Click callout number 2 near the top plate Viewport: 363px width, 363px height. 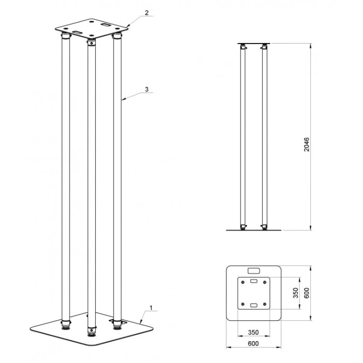pyautogui.click(x=147, y=13)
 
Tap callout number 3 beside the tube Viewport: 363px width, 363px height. pyautogui.click(x=147, y=89)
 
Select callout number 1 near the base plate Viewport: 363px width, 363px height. pyautogui.click(x=151, y=308)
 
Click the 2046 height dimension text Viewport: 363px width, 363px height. pyautogui.click(x=306, y=144)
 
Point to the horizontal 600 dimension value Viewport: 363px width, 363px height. pyautogui.click(x=253, y=343)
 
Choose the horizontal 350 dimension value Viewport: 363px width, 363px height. pyautogui.click(x=253, y=332)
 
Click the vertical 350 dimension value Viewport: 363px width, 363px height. pyautogui.click(x=295, y=293)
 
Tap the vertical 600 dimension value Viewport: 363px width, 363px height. pyautogui.click(x=306, y=293)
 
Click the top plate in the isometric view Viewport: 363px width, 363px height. pyautogui.click(x=91, y=29)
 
